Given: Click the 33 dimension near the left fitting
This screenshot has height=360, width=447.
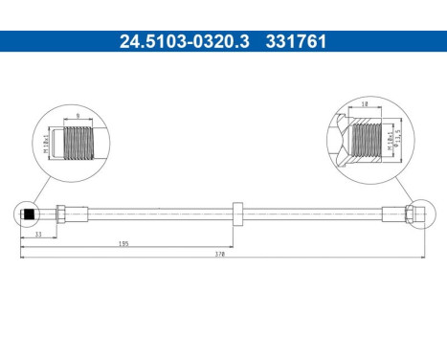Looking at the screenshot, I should pos(37,233).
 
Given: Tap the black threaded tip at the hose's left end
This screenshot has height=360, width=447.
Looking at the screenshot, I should pos(31,214).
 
